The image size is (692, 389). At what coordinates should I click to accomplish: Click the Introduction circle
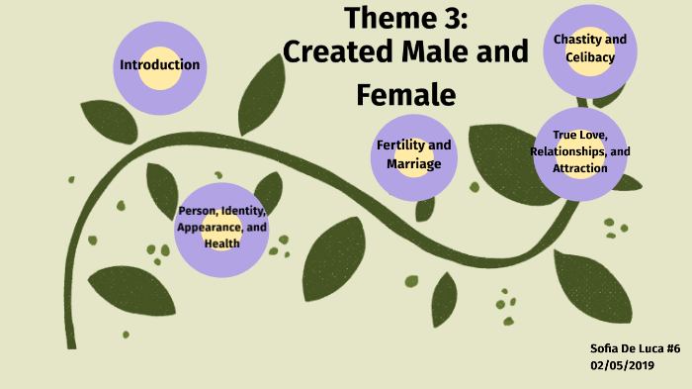coord(159,66)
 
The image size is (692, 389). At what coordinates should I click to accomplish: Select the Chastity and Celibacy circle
coord(590,49)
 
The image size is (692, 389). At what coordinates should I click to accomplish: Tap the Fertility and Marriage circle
coord(413,154)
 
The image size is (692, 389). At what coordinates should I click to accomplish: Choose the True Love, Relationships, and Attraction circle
coord(580,152)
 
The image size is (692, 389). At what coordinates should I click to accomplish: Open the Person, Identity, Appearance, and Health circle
coord(221,228)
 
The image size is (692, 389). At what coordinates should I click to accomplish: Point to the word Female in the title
coord(405,94)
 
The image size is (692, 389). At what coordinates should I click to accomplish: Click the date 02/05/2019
coord(623,365)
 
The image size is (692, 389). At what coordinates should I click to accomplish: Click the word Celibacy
coord(590,57)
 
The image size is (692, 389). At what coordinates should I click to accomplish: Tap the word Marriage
coord(413,163)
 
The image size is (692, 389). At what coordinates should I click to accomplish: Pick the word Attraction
coord(580,168)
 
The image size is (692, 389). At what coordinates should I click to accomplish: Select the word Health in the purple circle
coord(221,243)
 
